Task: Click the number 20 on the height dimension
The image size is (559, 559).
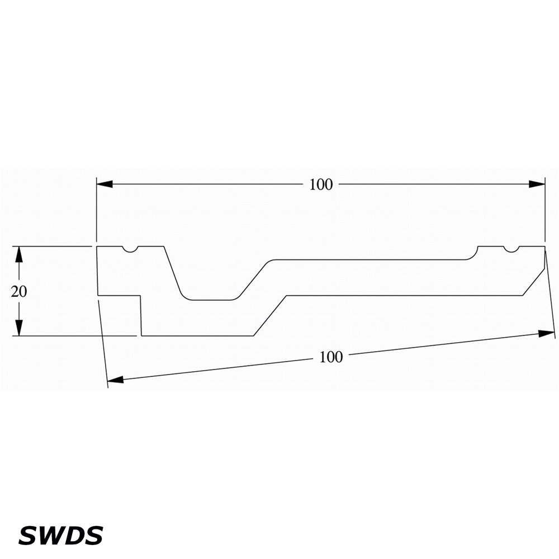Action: [19, 291]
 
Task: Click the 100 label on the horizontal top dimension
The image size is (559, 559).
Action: [321, 184]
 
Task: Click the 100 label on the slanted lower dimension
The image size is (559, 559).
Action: [331, 357]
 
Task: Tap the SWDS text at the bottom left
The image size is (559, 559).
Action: [60, 535]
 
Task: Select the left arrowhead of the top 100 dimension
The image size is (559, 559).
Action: [105, 184]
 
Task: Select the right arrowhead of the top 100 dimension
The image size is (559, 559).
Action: [537, 184]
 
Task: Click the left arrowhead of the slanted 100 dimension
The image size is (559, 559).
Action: [115, 380]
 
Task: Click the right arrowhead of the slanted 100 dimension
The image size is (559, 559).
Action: [547, 334]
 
